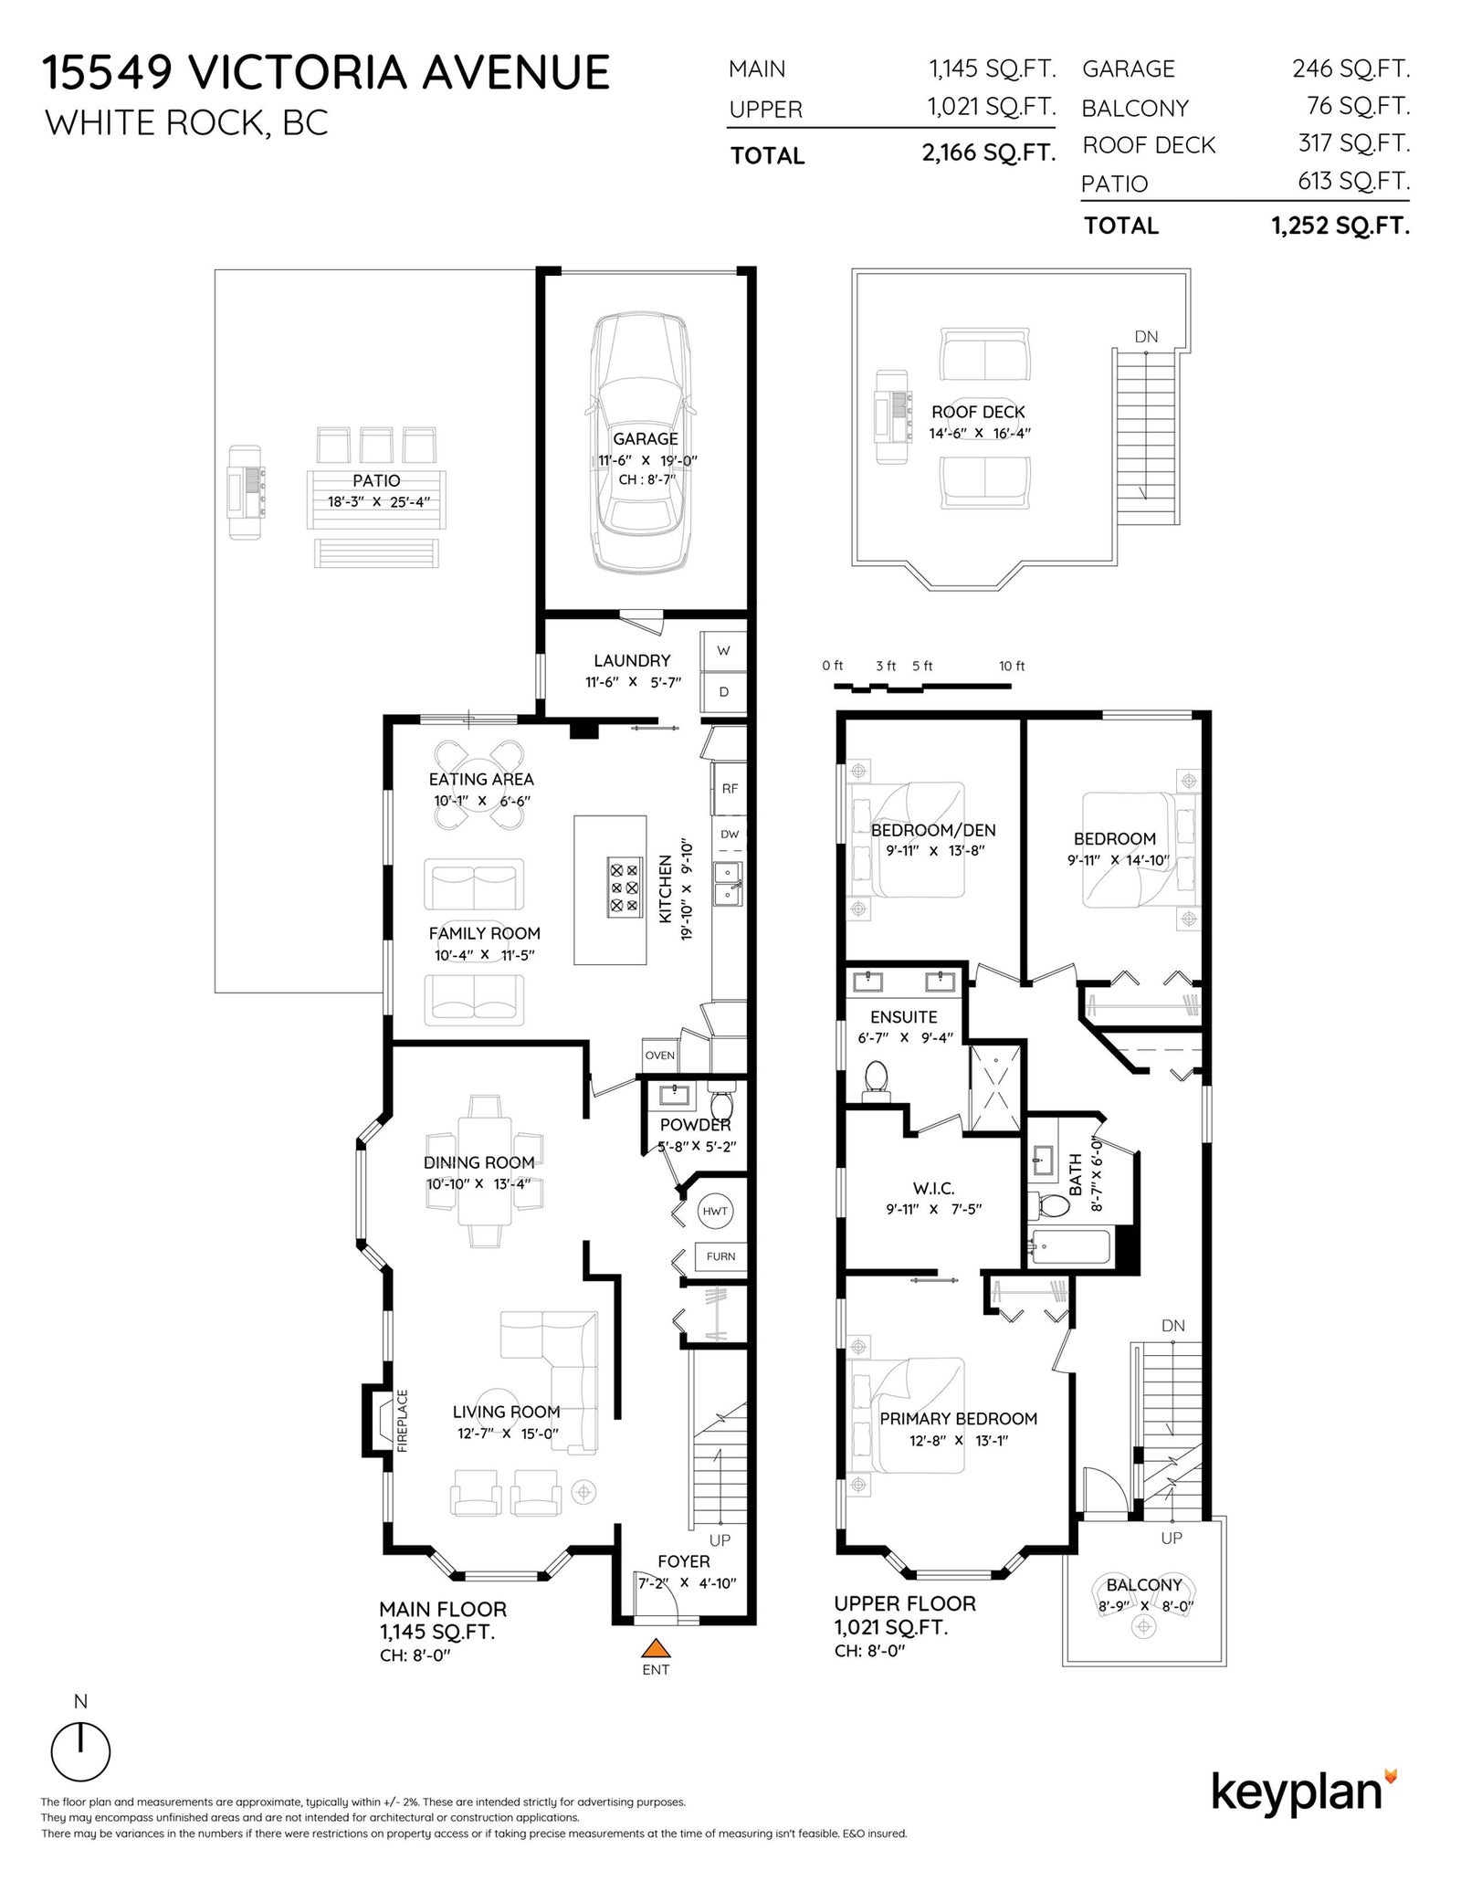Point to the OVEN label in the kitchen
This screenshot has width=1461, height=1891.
click(x=659, y=1056)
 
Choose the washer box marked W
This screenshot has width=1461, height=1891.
click(x=723, y=651)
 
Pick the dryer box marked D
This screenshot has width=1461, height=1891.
click(x=723, y=692)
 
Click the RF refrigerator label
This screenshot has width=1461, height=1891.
click(x=730, y=789)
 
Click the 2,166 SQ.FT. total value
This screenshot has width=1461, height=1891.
click(x=989, y=152)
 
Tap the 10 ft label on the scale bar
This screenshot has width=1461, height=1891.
click(x=1012, y=666)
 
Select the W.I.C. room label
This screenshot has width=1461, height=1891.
click(x=933, y=1188)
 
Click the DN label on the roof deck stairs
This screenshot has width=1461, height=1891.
click(x=1146, y=337)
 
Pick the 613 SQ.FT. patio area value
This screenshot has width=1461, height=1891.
click(x=1354, y=181)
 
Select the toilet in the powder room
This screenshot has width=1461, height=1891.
click(x=722, y=1095)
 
